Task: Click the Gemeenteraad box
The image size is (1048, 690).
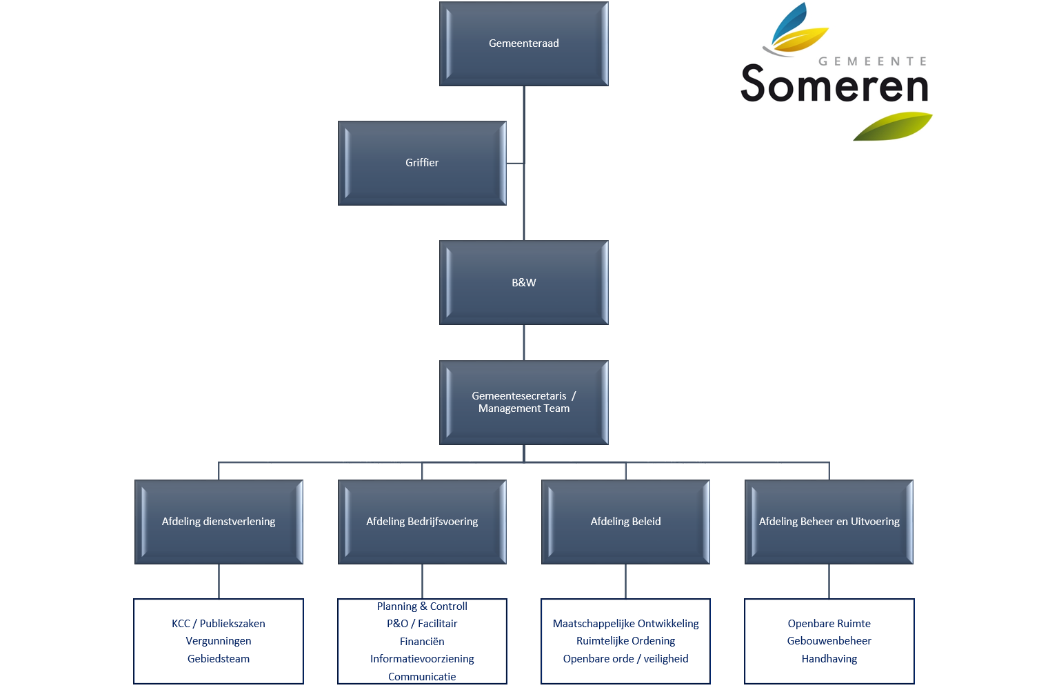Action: tap(523, 43)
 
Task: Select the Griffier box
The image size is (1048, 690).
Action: tap(422, 163)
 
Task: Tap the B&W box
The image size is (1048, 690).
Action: tap(523, 282)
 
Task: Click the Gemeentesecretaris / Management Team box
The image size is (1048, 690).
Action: tap(523, 402)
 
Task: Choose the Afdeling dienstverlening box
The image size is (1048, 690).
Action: tap(219, 522)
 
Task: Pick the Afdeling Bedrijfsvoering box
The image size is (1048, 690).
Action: tap(422, 522)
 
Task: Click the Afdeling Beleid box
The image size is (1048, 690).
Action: tap(625, 522)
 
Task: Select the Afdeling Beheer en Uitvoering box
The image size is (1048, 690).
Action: tap(829, 522)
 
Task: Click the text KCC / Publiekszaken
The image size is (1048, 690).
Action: tap(219, 624)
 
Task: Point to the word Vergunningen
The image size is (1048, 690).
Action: tap(219, 641)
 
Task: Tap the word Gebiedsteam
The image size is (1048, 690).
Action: tap(219, 659)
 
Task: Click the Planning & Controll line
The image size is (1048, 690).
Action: tap(422, 607)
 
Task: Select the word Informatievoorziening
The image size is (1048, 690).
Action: tap(422, 659)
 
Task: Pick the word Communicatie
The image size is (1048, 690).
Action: tap(422, 676)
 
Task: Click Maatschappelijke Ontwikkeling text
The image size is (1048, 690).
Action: tap(625, 624)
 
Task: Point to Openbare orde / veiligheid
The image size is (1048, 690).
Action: tap(625, 659)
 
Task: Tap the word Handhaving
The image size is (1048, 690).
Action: tap(829, 659)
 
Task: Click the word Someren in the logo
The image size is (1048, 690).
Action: tap(835, 83)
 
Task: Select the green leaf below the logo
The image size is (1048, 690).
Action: tap(893, 126)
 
